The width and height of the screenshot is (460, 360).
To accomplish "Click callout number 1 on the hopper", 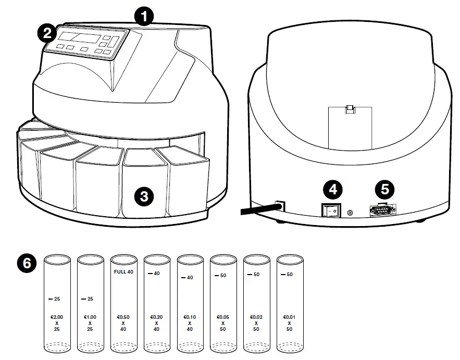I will coord(143,17).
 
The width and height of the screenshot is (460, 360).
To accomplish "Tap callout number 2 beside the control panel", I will coord(46,34).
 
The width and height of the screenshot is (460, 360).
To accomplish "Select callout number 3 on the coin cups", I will coord(144,196).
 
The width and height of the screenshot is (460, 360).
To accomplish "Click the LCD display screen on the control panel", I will coord(78,38).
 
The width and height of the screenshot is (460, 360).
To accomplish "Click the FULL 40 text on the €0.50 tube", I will coord(124,271).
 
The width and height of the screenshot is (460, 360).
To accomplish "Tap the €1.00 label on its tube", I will coord(90,317).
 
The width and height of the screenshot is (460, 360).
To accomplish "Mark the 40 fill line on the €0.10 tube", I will coord(187,278).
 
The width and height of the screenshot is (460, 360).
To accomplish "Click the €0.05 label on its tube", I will coord(223,317).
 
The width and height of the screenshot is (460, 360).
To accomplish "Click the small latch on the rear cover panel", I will coord(350,109).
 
